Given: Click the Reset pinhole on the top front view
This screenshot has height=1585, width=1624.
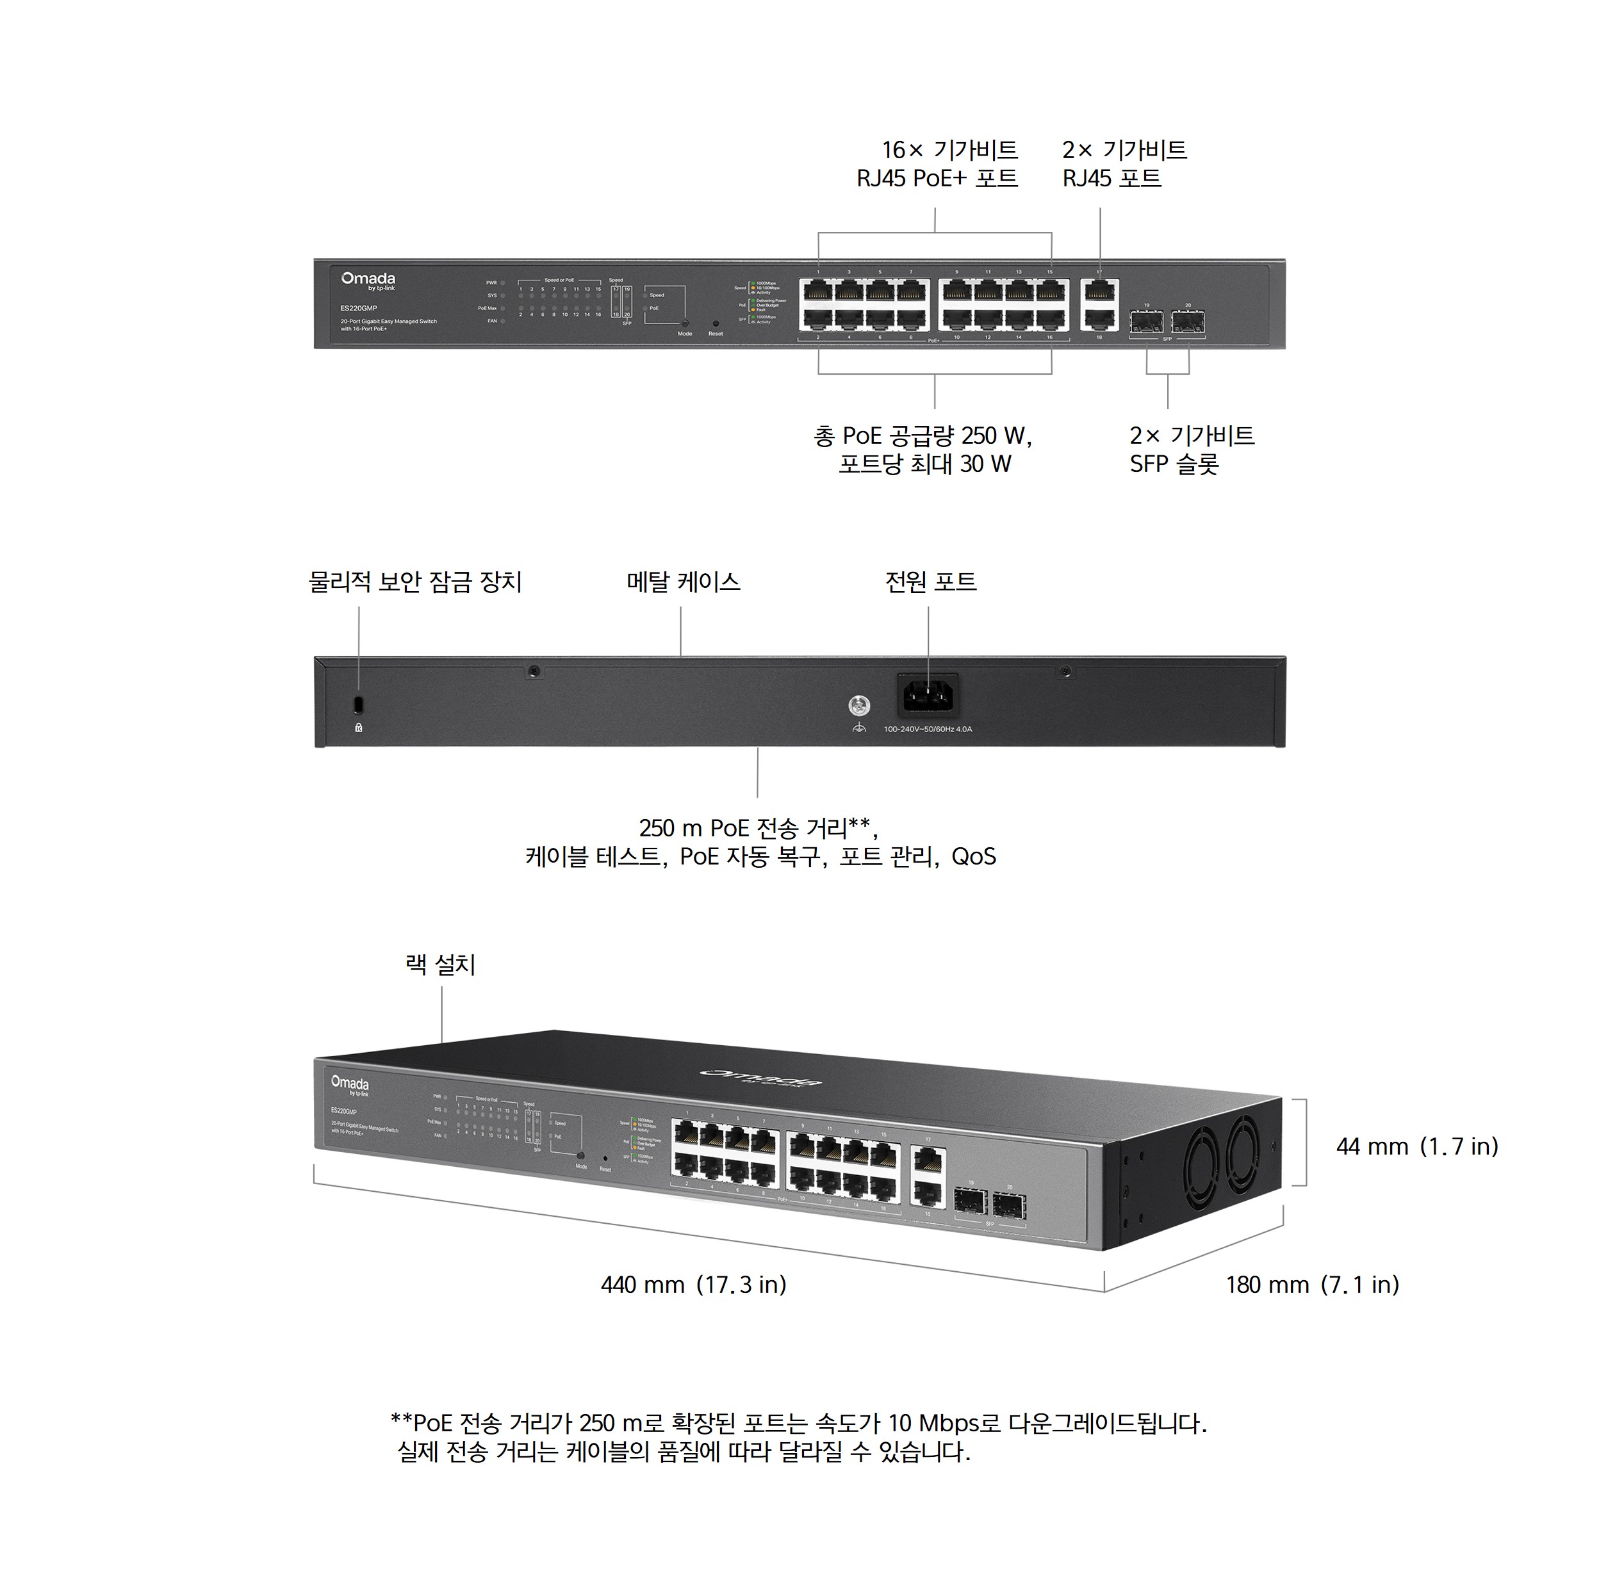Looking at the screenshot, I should (716, 323).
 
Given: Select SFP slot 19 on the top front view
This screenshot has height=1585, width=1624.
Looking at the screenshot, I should (1147, 321).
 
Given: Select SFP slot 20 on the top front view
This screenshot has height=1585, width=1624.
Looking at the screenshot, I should (1188, 321).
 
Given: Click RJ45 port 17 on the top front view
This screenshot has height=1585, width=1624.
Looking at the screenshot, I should (1100, 291).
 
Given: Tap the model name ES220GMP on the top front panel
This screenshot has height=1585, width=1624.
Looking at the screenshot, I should (359, 308).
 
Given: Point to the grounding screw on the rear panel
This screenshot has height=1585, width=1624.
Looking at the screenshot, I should (858, 706).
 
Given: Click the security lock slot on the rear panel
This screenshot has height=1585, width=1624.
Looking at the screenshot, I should (359, 704).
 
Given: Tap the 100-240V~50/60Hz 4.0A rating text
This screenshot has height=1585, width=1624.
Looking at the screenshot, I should (928, 729).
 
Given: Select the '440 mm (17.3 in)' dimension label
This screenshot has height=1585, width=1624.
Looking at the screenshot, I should (693, 1285).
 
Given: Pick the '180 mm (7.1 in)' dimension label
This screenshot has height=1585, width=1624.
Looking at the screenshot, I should (1312, 1285).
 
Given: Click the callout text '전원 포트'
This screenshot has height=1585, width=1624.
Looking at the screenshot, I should (930, 582).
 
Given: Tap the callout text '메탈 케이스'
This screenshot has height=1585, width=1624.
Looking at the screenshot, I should (683, 582).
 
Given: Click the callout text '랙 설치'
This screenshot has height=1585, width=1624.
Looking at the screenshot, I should (441, 965).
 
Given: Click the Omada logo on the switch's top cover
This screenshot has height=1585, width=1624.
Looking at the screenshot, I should (761, 1077).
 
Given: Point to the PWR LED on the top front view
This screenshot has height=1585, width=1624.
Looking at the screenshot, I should (502, 283).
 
